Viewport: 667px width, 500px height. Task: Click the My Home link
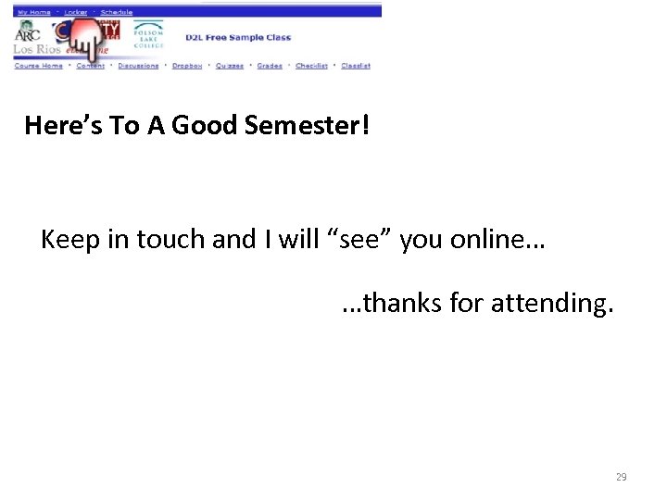33,12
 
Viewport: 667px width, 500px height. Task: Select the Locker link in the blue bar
76,12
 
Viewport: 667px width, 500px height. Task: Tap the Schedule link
117,12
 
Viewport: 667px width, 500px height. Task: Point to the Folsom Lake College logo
147,35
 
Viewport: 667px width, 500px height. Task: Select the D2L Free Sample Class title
238,38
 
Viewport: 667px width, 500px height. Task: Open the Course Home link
39,66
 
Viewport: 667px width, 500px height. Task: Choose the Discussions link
138,66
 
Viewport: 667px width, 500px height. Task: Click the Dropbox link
187,66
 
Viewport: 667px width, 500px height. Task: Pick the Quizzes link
230,66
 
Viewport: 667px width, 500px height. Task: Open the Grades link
270,66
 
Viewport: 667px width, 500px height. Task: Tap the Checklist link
311,66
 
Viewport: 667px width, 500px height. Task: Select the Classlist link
356,66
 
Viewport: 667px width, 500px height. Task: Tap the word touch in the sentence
172,240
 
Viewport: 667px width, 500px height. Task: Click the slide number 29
621,477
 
